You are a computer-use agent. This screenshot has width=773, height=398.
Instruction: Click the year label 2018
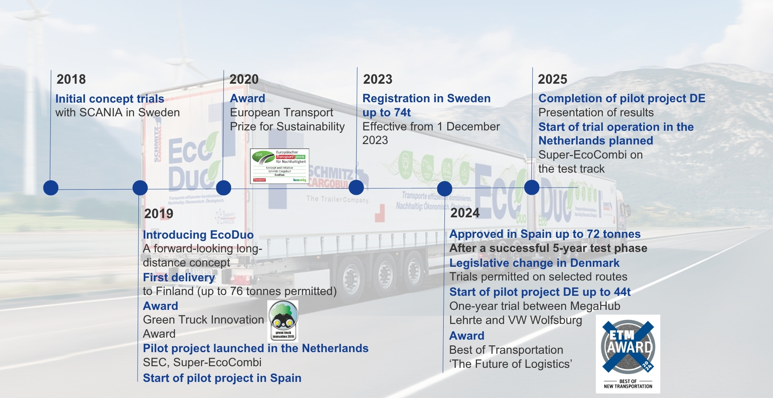click(71, 79)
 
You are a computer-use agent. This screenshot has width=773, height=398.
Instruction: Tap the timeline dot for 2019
click(140, 188)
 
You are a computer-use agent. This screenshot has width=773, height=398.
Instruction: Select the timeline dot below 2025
click(531, 188)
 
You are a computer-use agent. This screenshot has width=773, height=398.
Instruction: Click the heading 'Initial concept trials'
click(110, 99)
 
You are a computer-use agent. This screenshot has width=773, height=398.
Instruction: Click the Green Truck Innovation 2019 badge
click(283, 321)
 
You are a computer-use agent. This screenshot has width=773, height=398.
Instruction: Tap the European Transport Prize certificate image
click(279, 166)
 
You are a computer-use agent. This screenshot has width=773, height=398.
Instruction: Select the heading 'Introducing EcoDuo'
click(198, 235)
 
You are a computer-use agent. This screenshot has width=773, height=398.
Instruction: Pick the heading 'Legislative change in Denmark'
click(534, 263)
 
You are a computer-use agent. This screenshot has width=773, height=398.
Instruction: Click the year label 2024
click(465, 213)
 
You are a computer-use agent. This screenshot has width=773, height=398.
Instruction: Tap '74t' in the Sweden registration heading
click(402, 113)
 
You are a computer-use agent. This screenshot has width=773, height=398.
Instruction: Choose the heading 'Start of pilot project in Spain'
click(222, 378)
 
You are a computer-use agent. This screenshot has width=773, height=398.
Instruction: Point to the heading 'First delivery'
click(179, 277)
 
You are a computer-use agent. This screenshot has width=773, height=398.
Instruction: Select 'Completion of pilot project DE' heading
click(622, 99)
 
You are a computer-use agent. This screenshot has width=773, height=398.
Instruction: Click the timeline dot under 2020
click(223, 188)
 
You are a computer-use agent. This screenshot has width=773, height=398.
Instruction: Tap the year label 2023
click(378, 79)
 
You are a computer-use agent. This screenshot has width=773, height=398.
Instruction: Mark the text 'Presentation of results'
click(596, 113)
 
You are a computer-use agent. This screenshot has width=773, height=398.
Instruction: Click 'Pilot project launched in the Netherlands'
click(256, 348)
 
